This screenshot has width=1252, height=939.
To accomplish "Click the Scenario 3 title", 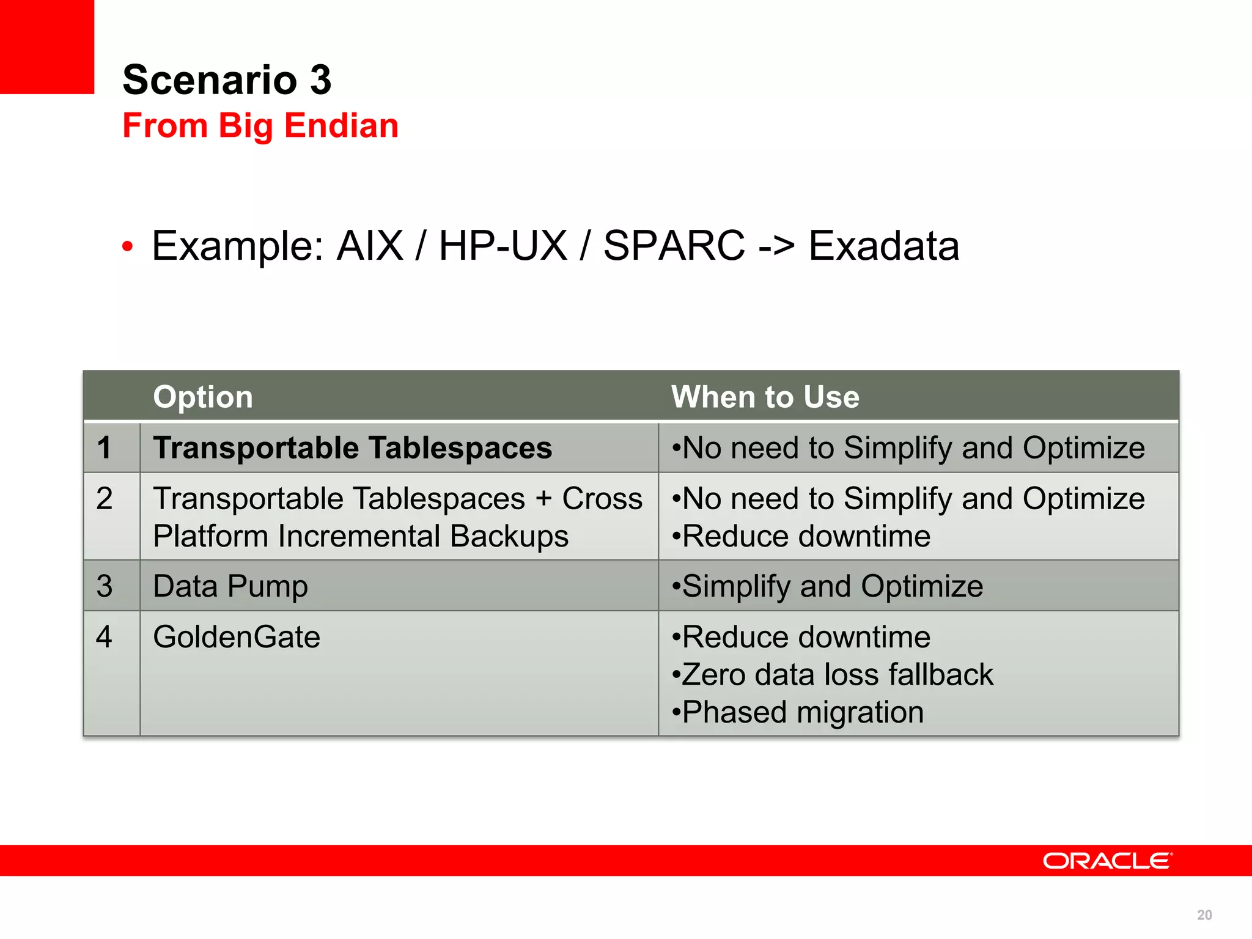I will pyautogui.click(x=227, y=80).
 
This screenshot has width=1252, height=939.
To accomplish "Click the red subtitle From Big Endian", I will pyautogui.click(x=260, y=126).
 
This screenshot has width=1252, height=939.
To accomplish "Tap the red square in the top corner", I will pyautogui.click(x=46, y=46).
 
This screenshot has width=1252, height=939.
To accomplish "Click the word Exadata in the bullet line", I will pyautogui.click(x=883, y=246).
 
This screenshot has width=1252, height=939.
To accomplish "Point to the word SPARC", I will pyautogui.click(x=674, y=246).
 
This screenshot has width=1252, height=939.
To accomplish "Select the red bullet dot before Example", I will pyautogui.click(x=127, y=247).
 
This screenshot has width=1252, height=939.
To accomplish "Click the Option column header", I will pyautogui.click(x=203, y=397).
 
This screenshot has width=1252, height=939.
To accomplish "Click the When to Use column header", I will pyautogui.click(x=765, y=397).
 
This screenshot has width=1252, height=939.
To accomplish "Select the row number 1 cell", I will pyautogui.click(x=105, y=447).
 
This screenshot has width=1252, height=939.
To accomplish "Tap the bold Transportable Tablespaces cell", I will pyautogui.click(x=353, y=447).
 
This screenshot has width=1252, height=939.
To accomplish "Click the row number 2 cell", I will pyautogui.click(x=105, y=499).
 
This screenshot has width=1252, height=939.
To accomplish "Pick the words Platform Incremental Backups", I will pyautogui.click(x=361, y=536).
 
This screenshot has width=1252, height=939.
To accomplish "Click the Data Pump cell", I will pyautogui.click(x=230, y=586).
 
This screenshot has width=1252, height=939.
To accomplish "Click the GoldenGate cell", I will pyautogui.click(x=237, y=637).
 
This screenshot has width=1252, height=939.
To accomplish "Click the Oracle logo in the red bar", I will pyautogui.click(x=1107, y=861).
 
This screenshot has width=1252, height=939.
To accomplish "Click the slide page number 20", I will pyautogui.click(x=1204, y=915).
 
